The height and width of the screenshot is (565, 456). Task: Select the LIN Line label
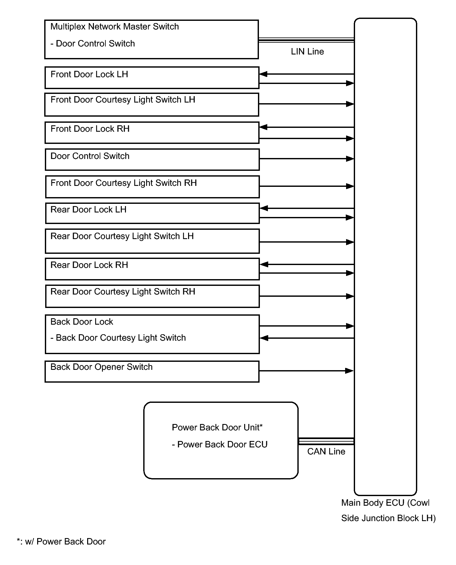(307, 52)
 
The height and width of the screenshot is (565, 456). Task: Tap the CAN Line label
(326, 452)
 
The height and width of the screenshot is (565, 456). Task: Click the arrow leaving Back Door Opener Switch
(306, 371)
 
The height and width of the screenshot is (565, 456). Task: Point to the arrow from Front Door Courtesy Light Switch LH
(306, 104)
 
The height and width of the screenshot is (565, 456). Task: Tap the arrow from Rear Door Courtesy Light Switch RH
(307, 296)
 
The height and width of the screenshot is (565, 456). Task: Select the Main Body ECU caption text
(388, 511)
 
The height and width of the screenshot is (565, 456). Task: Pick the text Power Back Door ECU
(222, 445)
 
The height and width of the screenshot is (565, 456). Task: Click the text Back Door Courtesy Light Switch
(121, 338)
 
